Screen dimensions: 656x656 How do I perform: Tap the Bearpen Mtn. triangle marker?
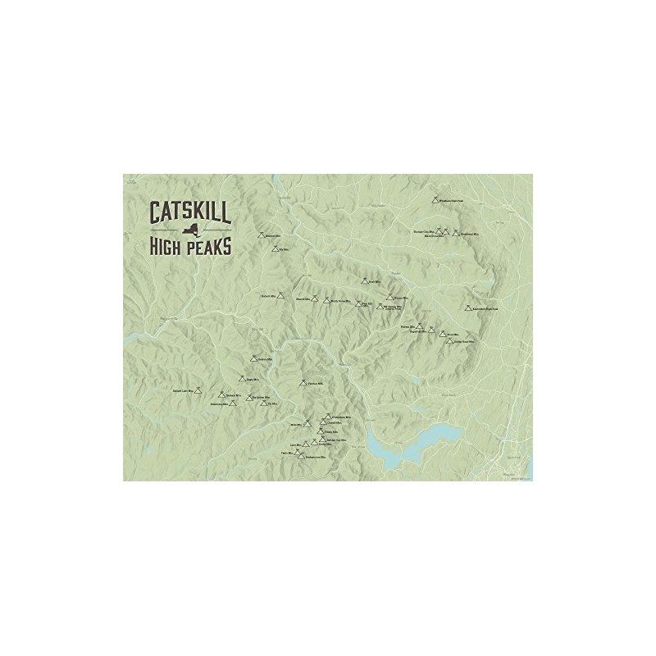[261, 235]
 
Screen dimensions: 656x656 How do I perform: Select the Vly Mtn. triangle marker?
[275, 248]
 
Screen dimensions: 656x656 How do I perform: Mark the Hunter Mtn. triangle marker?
[389, 297]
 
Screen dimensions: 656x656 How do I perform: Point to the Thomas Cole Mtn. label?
[422, 231]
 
